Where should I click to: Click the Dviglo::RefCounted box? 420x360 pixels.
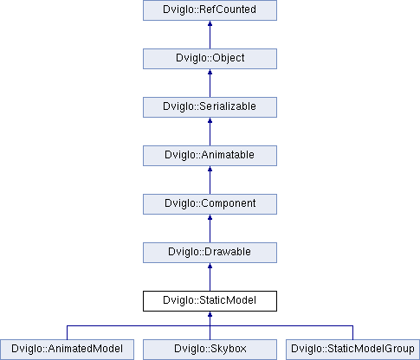tap(210, 10)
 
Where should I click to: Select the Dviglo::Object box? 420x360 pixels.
tap(210, 59)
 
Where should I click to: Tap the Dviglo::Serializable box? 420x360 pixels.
tap(210, 107)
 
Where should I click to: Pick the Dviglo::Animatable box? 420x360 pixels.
tap(210, 156)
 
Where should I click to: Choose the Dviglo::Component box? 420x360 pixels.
tap(210, 204)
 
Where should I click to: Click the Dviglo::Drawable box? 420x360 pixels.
tap(210, 253)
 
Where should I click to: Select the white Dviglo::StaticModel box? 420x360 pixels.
tap(210, 301)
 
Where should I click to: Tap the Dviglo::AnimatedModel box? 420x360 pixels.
tap(67, 350)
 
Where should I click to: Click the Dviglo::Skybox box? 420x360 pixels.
tap(210, 350)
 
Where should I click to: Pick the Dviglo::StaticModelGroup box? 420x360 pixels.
tap(352, 350)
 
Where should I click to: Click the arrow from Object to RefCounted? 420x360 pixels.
tap(210, 35)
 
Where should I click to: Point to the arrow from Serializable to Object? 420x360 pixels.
tap(210, 83)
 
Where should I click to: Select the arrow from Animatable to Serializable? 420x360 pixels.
tap(210, 132)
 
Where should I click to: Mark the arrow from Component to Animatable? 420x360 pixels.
tap(210, 180)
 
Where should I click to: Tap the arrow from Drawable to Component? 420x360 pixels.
tap(210, 228)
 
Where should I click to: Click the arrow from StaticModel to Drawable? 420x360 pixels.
tap(210, 277)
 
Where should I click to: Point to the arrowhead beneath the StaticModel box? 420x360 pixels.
tap(210, 314)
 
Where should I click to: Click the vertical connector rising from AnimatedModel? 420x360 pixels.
tap(67, 332)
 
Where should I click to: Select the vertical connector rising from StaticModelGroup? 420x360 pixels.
tap(352, 332)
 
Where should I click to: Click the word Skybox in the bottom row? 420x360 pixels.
tap(229, 349)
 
